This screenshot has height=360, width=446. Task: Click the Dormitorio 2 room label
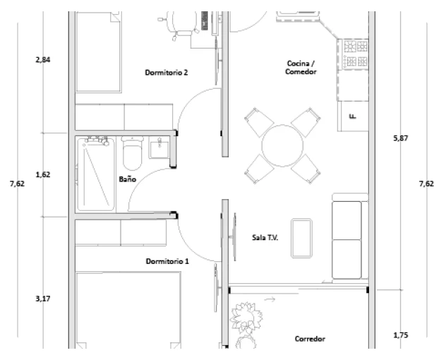(167, 73)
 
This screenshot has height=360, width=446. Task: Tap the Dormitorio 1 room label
(167, 261)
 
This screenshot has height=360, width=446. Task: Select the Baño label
(128, 179)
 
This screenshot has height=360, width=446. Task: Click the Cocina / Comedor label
(301, 68)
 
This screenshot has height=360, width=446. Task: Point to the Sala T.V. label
(265, 237)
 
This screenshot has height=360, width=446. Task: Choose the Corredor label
(310, 339)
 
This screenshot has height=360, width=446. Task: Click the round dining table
(282, 145)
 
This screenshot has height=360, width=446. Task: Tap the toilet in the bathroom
(132, 153)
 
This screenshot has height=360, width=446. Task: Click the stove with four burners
(355, 54)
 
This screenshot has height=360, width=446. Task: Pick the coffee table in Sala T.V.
(301, 239)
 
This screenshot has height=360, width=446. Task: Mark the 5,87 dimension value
(401, 138)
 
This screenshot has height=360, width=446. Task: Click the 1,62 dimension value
(43, 174)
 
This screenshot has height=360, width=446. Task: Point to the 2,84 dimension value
(43, 60)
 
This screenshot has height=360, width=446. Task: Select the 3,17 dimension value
(43, 299)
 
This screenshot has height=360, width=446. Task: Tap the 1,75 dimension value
(401, 335)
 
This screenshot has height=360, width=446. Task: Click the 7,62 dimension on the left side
(18, 184)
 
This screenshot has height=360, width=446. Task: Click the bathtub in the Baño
(96, 174)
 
